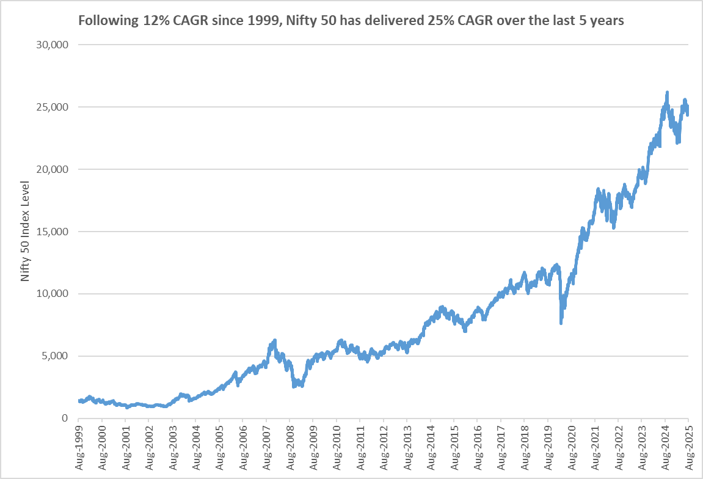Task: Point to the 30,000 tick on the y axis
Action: click(54, 45)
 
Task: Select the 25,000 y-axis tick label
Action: click(54, 108)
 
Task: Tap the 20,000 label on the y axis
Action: click(54, 169)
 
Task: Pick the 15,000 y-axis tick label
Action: click(54, 232)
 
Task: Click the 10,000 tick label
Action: click(54, 294)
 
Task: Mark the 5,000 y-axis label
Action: click(57, 356)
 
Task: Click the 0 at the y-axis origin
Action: click(64, 418)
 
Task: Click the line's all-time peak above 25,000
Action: click(667, 93)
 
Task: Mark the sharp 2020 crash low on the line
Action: click(561, 323)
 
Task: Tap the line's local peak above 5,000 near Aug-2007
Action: click(275, 340)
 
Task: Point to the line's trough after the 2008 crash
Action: click(294, 386)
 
